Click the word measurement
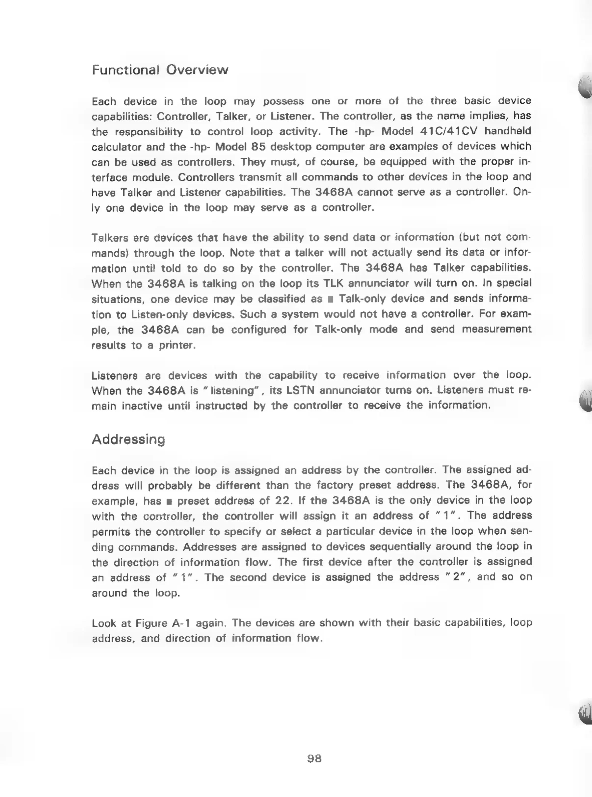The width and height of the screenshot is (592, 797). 496,329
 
